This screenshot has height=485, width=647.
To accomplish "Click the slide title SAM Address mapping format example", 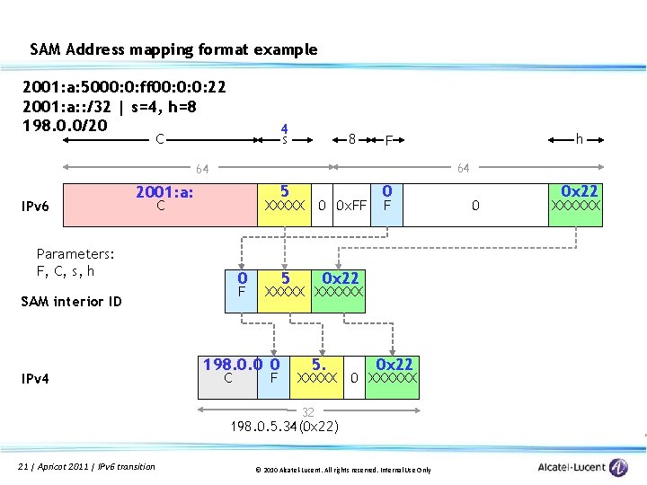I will point(173,49).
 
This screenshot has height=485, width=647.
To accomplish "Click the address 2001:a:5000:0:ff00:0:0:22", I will point(124,88).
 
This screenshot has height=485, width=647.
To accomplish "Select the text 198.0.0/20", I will point(66,123).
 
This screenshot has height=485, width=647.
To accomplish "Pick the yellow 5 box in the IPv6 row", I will point(284,199).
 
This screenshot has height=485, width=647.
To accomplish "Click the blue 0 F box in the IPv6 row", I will point(387,199).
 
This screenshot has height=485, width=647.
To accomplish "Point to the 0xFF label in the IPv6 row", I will point(351,207).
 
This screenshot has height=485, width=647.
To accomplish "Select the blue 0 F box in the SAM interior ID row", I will point(241,287).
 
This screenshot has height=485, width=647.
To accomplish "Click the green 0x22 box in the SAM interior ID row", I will point(339,287).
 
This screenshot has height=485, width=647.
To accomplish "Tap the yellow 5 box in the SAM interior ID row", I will point(284,287).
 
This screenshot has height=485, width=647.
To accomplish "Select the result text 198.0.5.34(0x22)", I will point(284,426).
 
